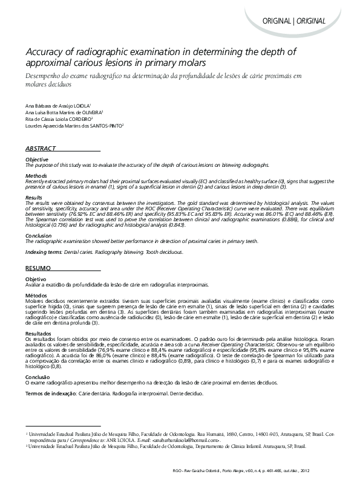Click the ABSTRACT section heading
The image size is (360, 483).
coord(41,149)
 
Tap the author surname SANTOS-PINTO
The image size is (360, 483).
coord(104,126)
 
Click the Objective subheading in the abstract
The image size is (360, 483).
coord(36,160)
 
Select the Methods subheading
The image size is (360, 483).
coord(35,175)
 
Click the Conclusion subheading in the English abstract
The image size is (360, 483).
coord(38,235)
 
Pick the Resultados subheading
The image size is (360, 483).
coord(39,333)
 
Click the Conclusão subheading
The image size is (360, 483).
coord(38,377)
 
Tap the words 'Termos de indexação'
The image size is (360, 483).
coord(51,394)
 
